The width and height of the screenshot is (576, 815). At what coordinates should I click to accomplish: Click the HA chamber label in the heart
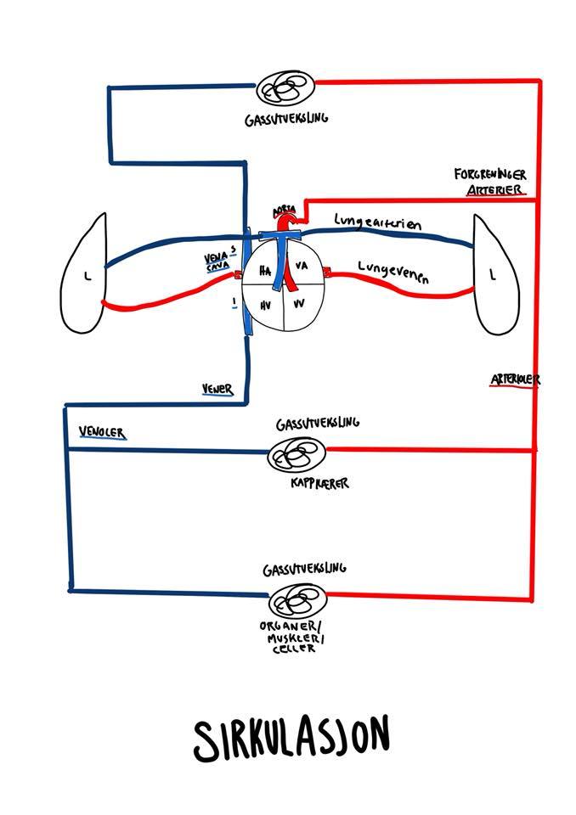point(264,272)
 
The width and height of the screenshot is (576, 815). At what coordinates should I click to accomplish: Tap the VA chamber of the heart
point(300,267)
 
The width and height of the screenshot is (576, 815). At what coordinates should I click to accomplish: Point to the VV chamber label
point(298,303)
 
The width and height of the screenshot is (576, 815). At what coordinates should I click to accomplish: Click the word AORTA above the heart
point(283,210)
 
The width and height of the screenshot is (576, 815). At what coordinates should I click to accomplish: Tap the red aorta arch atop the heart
point(289,222)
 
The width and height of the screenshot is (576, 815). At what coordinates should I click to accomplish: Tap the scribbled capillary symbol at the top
point(285,86)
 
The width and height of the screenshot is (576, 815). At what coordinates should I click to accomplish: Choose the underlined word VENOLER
point(102,433)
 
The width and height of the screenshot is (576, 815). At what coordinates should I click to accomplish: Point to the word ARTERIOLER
point(514,379)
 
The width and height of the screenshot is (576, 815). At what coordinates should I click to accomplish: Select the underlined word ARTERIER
point(496,190)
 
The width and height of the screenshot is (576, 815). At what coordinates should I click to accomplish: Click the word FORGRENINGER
point(489,174)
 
